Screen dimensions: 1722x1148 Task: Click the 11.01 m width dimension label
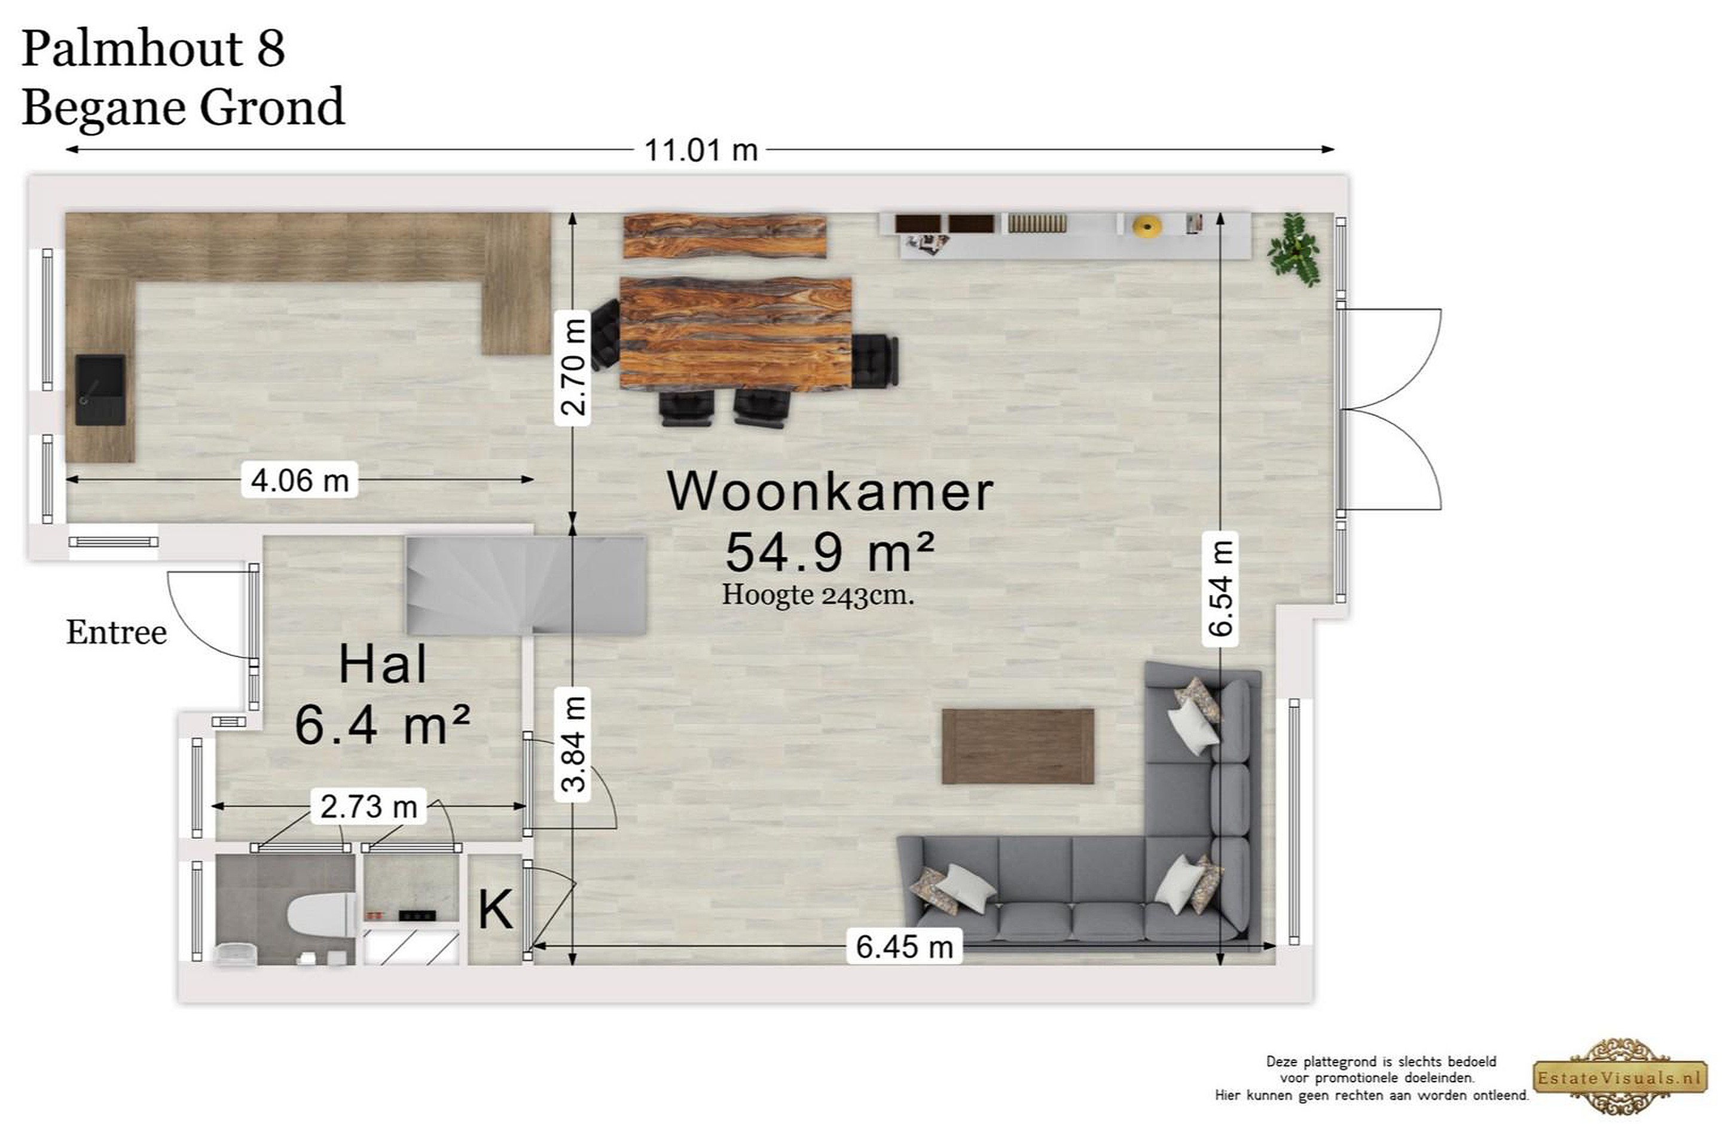pos(701,150)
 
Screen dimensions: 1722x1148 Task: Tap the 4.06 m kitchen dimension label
pos(300,480)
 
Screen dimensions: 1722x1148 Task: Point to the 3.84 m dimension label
pos(573,744)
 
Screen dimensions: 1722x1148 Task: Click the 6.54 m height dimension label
pos(1220,588)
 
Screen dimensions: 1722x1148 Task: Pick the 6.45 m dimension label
pos(905,947)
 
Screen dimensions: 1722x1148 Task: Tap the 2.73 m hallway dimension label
pos(368,806)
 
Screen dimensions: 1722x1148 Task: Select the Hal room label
pos(382,665)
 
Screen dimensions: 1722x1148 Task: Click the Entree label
pos(117,633)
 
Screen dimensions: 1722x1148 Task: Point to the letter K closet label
pos(495,910)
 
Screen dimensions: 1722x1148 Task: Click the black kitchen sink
pos(100,389)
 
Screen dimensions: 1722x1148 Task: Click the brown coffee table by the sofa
pos(1018,746)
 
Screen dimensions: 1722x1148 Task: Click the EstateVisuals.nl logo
pos(1620,1077)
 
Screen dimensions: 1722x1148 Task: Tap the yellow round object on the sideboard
pos(1147,226)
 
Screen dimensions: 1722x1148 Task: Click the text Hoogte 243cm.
pos(818,594)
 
